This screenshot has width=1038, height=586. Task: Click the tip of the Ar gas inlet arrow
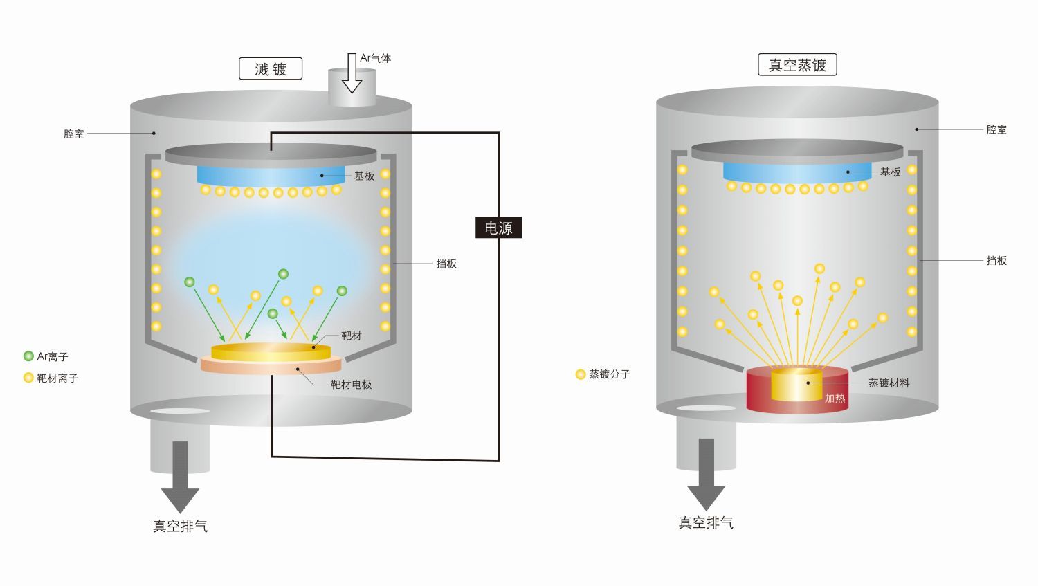[352, 93]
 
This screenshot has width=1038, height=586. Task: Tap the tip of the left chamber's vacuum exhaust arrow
[180, 513]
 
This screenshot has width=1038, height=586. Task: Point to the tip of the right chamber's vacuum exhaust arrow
[706, 510]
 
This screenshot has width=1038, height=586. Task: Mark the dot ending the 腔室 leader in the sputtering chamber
[154, 134]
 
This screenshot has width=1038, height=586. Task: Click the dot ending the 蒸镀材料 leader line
[808, 383]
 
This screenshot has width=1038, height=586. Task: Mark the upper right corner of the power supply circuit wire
[499, 133]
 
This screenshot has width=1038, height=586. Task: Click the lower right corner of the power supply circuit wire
[499, 461]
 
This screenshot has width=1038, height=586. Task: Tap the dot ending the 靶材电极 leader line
[298, 369]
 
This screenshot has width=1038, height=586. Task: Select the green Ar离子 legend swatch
[28, 356]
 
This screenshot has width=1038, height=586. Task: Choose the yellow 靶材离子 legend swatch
[28, 378]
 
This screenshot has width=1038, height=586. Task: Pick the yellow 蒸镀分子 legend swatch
[580, 374]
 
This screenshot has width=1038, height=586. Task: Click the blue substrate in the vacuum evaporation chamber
[797, 172]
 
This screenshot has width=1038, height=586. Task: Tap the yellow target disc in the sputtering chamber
[271, 352]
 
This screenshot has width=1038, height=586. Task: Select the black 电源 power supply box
[499, 228]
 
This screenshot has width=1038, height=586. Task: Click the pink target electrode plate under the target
[271, 365]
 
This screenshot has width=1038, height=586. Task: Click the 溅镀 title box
[271, 68]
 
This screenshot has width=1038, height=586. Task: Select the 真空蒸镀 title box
[797, 65]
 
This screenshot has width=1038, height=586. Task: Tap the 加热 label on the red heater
[835, 398]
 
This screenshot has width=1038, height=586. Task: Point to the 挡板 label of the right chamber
[996, 260]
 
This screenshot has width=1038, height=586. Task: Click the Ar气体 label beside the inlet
[375, 58]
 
